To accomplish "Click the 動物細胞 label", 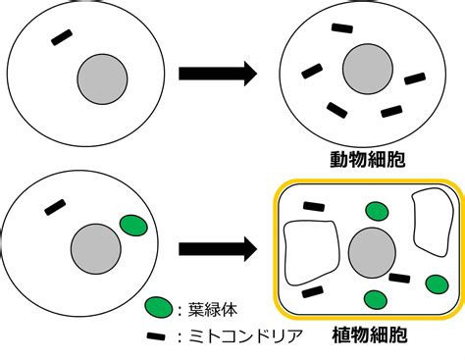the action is [x=368, y=159].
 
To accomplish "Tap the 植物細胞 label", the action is [x=370, y=334].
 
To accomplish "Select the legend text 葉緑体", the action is [x=212, y=309].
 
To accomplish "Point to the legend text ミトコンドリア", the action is [x=245, y=335].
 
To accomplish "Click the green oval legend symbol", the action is [x=159, y=307].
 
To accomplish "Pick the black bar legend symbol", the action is [x=156, y=336].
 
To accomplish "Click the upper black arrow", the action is [x=218, y=74].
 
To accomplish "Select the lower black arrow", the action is [x=218, y=249].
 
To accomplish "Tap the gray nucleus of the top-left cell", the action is [x=102, y=79].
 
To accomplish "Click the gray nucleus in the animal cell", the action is [x=368, y=69].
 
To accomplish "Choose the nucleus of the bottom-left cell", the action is [x=96, y=249].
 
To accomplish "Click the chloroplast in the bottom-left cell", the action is [x=133, y=226].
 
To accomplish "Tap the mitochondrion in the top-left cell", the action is [x=62, y=37].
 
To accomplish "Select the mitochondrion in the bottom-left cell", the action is [x=55, y=207].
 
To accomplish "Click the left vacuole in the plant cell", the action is [x=311, y=253].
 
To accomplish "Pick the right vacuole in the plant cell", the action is [x=433, y=222].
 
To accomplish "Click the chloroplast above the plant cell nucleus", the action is [x=377, y=211].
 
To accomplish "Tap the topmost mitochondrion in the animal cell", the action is [x=342, y=28].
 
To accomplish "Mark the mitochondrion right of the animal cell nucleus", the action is [x=415, y=78].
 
